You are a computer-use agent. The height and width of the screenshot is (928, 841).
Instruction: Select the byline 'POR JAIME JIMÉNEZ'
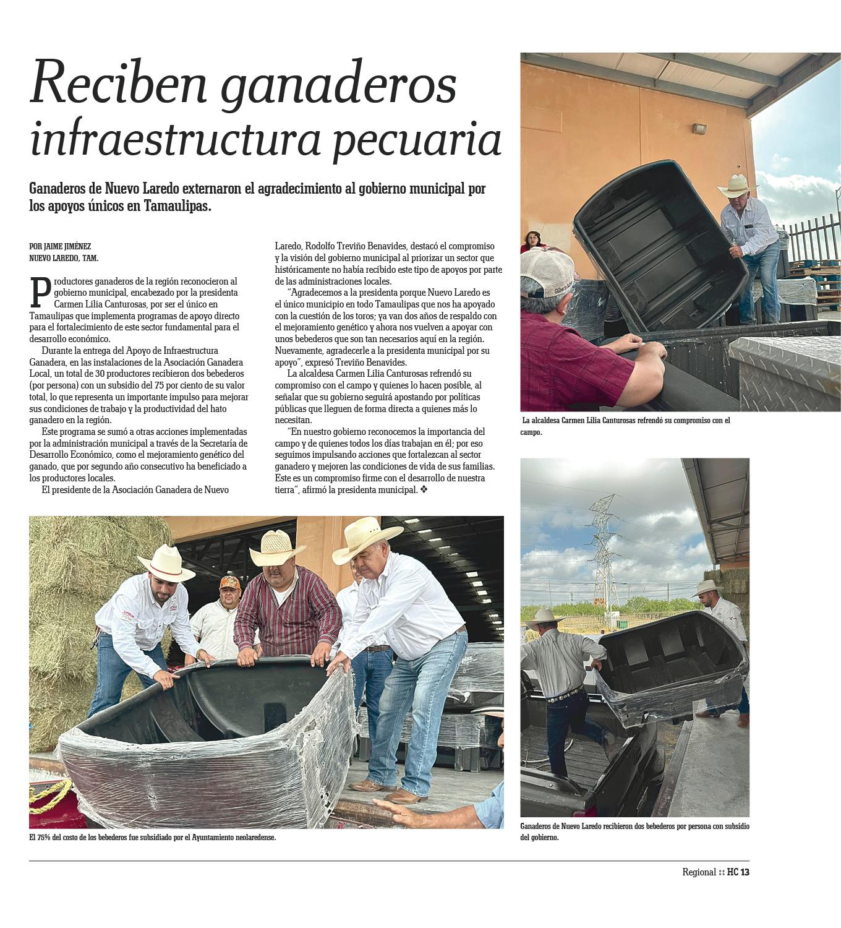point(60,246)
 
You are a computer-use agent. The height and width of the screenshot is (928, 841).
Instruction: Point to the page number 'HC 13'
point(738,872)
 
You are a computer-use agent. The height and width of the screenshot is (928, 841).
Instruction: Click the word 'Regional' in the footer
point(699,872)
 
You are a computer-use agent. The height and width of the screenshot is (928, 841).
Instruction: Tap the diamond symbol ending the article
point(424,490)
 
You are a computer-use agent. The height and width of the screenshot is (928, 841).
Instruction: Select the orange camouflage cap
point(229,583)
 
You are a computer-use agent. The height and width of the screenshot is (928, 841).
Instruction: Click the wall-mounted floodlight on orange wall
point(699,129)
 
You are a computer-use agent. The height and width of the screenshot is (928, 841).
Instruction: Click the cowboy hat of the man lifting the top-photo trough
point(738,186)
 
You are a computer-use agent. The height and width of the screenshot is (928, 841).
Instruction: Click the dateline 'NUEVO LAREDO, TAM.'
point(64,258)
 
